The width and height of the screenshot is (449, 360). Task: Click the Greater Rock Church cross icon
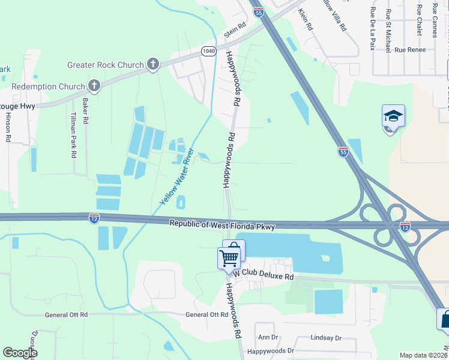tap(153, 64)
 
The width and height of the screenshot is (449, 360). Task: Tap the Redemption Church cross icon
tap(94, 86)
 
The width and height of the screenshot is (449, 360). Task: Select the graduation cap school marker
tap(393, 115)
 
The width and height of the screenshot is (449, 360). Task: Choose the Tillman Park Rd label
tap(73, 134)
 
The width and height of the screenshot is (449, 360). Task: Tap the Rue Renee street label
tap(410, 50)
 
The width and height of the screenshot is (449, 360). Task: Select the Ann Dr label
tap(268, 338)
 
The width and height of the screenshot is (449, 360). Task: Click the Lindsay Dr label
tap(326, 338)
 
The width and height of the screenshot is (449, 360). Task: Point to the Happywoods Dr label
tap(271, 350)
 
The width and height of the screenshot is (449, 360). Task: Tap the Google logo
tap(20, 353)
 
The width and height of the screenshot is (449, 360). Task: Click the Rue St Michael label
tap(389, 30)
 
